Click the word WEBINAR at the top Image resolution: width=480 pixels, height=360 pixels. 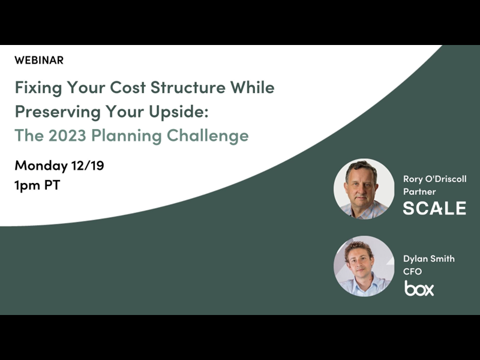pos(39,60)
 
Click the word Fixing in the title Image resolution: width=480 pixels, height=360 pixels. pos(37,88)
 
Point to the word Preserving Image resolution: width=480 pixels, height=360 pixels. pos(53,112)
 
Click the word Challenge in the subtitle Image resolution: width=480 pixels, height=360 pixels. pos(208,136)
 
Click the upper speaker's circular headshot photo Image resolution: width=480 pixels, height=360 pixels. pos(364,188)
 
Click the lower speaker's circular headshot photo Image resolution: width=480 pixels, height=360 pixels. pos(364,266)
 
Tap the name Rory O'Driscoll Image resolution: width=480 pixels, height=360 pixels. pos(434,179)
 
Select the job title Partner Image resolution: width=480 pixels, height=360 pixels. pos(419,191)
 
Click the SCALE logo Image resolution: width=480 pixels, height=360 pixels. pos(434,208)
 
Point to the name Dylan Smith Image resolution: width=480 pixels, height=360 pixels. pos(429,259)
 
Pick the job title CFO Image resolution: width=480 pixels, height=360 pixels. pos(413,271)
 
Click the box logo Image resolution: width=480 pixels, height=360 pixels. pos(419,289)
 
